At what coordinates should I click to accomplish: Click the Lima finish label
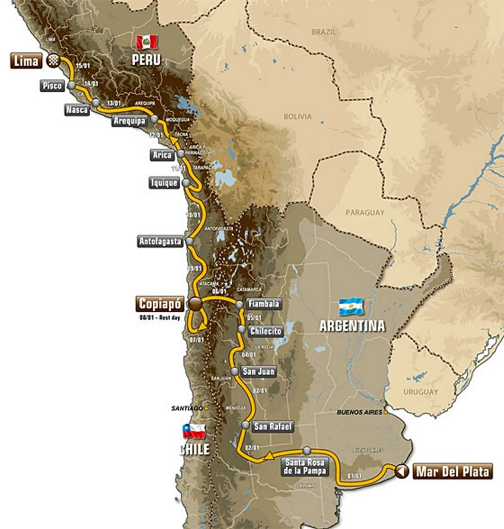click(x=26, y=61)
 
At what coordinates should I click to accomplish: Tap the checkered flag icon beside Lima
click(x=53, y=60)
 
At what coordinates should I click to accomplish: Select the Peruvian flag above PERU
click(x=146, y=43)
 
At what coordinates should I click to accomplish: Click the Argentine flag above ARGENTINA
click(x=351, y=307)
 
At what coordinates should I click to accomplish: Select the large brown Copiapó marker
click(x=195, y=304)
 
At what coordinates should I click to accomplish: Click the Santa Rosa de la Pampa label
click(x=305, y=467)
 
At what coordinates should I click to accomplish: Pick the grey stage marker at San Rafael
click(x=245, y=425)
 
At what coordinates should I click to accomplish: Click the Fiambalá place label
click(x=264, y=304)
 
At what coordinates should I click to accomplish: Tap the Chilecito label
click(x=265, y=331)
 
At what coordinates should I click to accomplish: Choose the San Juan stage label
click(x=259, y=371)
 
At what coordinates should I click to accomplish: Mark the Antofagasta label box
click(x=160, y=241)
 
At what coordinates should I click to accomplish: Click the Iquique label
click(x=164, y=183)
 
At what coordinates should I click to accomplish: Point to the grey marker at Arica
click(x=181, y=154)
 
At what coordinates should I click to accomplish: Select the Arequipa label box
click(x=129, y=121)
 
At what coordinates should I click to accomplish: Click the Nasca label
click(x=77, y=110)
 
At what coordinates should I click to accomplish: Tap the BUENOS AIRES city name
click(x=359, y=412)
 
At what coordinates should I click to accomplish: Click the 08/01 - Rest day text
click(x=160, y=318)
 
